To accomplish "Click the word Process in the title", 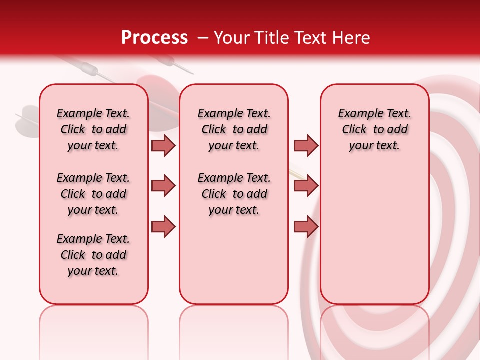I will [x=154, y=38].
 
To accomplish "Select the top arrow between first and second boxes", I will [x=163, y=145].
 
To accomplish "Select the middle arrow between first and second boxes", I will [x=163, y=186].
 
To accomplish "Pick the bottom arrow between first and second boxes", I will [x=163, y=226].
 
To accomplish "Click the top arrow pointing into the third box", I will [x=306, y=145].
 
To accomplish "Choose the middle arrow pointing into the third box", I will [x=306, y=186].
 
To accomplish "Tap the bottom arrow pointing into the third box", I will [x=306, y=226].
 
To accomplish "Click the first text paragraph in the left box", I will [x=93, y=129].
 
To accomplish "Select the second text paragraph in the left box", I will [x=93, y=194].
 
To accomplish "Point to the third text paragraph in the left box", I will [x=93, y=255].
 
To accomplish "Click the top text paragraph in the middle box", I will [x=234, y=129].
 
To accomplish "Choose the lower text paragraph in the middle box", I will [x=234, y=194].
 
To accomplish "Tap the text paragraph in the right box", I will [x=374, y=129].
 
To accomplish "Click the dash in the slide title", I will [x=202, y=38].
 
